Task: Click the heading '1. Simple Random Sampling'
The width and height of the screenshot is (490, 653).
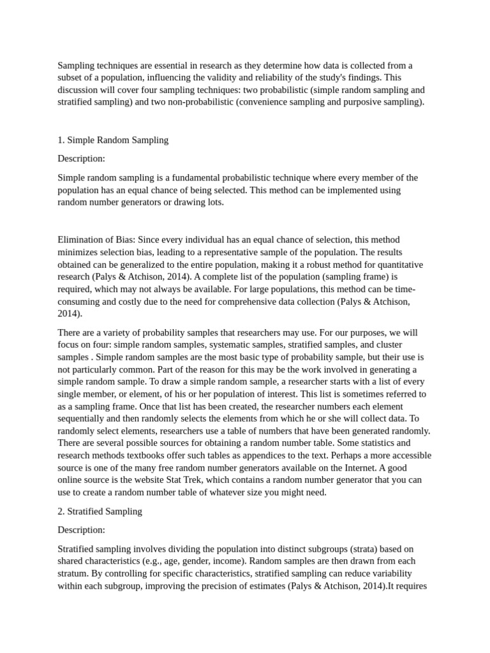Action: pyautogui.click(x=113, y=140)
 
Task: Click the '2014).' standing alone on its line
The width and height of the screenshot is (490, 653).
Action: pyautogui.click(x=70, y=314)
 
